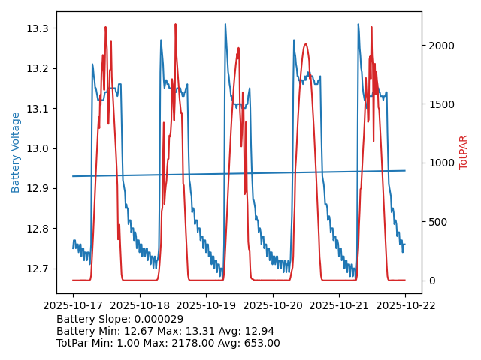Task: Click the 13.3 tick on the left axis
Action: (37, 28)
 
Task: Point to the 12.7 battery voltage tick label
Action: (37, 268)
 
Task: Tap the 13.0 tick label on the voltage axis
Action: (37, 148)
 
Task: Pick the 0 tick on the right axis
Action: (431, 280)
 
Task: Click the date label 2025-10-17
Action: (73, 305)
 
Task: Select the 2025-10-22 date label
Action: (405, 305)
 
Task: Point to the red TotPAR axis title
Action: (463, 152)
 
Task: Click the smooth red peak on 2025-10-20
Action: (305, 44)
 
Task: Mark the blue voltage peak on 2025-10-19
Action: (225, 25)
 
